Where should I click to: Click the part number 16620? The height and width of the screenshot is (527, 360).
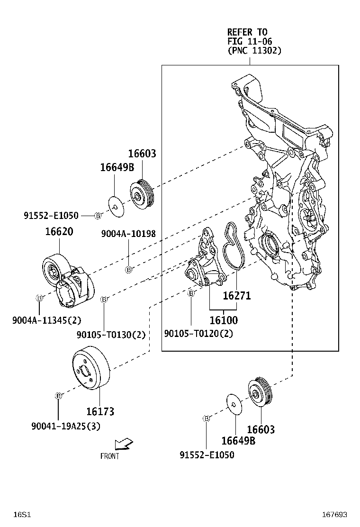point(59,232)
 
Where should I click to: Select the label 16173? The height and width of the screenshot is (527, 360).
point(100,411)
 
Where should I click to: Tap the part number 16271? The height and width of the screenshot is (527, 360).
point(236,296)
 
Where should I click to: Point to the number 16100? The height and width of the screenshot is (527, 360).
point(224,320)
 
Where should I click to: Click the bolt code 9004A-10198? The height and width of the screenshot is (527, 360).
point(128,234)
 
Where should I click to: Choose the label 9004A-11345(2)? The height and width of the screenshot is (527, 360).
point(40,320)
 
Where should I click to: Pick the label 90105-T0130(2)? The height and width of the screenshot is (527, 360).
point(111,335)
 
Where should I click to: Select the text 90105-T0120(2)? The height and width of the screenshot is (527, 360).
point(198,334)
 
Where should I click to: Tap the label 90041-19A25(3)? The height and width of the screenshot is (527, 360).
point(66,427)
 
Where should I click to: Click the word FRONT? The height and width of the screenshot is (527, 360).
point(109,456)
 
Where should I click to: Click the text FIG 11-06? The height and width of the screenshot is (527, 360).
point(250,41)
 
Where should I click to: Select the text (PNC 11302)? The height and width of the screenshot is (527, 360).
point(254,50)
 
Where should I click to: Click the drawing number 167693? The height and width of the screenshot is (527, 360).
point(335,514)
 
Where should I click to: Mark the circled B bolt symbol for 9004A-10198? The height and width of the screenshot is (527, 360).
point(128,270)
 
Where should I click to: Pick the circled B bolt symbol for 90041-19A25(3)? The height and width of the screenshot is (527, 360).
point(58,396)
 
